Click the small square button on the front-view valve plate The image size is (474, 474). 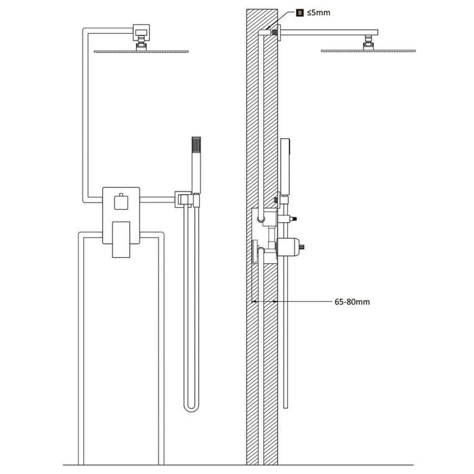point(121,202)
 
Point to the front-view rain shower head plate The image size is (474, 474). point(142,51)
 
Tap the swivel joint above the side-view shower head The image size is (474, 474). point(369,42)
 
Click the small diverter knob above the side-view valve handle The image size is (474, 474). point(293,219)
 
